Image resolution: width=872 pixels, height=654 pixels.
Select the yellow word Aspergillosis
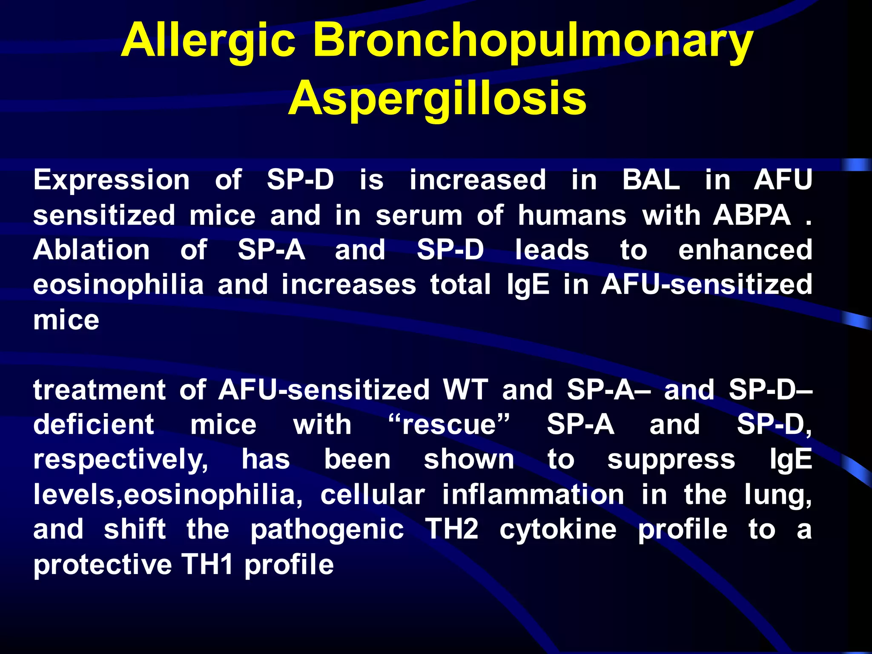pyautogui.click(x=437, y=99)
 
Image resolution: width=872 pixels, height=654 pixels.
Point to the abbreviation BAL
pyautogui.click(x=651, y=180)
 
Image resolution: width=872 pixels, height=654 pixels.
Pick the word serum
pyautogui.click(x=419, y=215)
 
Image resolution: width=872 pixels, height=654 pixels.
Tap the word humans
pyautogui.click(x=572, y=215)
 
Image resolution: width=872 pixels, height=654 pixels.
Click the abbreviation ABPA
pyautogui.click(x=752, y=215)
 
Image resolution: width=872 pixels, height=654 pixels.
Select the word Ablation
pyautogui.click(x=92, y=250)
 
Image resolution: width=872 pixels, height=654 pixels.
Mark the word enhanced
pyautogui.click(x=745, y=250)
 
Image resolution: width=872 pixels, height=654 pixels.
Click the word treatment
pyautogui.click(x=100, y=390)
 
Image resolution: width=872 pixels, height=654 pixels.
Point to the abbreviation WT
pyautogui.click(x=465, y=390)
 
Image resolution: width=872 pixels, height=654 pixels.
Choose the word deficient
pyautogui.click(x=94, y=425)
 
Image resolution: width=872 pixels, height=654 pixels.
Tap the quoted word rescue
pyautogui.click(x=449, y=425)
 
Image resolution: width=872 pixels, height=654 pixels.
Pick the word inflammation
pyautogui.click(x=533, y=495)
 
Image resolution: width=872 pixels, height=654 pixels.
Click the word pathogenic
pyautogui.click(x=327, y=531)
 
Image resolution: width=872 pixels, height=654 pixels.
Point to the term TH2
pyautogui.click(x=452, y=530)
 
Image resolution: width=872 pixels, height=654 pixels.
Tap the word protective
pyautogui.click(x=103, y=565)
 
